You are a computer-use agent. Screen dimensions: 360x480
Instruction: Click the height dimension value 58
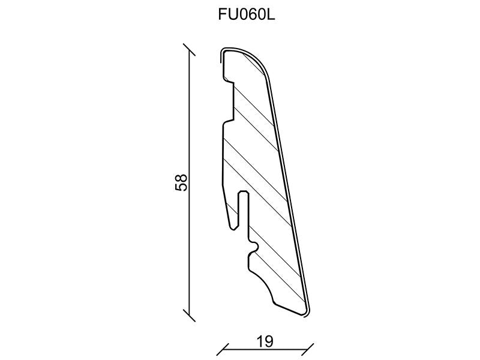(x=181, y=182)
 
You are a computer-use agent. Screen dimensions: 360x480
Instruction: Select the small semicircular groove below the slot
(x=256, y=246)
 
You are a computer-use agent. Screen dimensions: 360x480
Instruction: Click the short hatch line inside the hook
(x=229, y=211)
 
